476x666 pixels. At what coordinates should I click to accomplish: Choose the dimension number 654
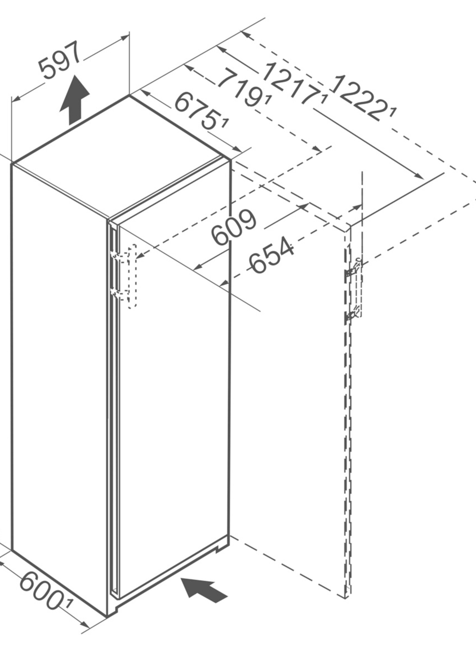(x=271, y=256)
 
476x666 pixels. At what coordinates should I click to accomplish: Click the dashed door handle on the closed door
(x=132, y=276)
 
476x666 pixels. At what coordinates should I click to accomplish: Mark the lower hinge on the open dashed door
(x=353, y=314)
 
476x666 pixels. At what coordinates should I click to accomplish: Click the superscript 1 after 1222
(x=393, y=112)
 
